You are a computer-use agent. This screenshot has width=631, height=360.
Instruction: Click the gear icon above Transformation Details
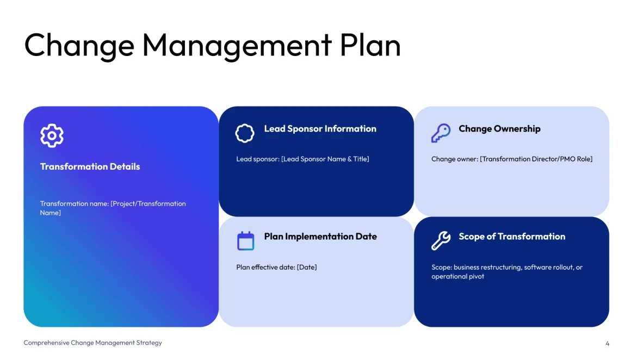click(x=52, y=135)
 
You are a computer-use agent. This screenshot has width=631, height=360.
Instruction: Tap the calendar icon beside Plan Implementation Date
click(x=245, y=241)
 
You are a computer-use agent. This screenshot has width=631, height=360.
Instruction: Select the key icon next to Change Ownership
click(x=441, y=133)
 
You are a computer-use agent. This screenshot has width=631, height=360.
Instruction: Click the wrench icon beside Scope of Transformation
click(x=441, y=240)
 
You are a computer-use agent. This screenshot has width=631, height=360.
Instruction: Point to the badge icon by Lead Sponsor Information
click(x=245, y=133)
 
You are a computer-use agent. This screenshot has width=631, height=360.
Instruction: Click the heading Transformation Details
click(x=90, y=166)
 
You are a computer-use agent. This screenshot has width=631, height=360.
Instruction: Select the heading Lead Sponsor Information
click(x=320, y=129)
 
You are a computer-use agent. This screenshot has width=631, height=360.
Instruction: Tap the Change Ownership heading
click(x=499, y=129)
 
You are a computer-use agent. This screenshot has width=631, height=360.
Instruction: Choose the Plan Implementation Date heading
click(x=320, y=237)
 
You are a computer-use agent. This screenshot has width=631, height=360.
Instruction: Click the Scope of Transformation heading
click(x=512, y=237)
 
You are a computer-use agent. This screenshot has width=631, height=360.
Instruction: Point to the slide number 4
click(x=607, y=344)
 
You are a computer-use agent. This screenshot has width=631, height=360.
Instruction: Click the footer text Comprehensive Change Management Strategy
click(x=92, y=343)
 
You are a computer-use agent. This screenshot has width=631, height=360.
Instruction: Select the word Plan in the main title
click(x=370, y=45)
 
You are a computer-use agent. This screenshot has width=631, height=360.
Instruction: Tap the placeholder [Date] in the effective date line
click(x=307, y=267)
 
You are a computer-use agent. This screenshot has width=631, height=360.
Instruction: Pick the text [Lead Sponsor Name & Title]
click(x=325, y=159)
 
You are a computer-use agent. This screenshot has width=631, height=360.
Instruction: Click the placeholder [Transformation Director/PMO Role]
click(x=536, y=159)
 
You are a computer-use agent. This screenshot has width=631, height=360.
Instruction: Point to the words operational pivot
click(x=457, y=277)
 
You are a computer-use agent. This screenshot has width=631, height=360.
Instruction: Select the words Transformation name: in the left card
click(x=75, y=203)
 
